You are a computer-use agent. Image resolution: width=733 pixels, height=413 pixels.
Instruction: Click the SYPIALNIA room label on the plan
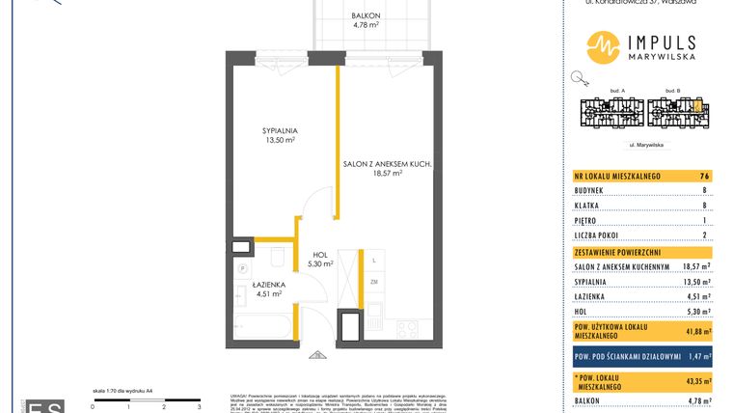(279, 130)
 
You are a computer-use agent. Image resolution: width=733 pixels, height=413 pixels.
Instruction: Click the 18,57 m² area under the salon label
(384, 174)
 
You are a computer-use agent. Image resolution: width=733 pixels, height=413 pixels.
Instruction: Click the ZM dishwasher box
(372, 282)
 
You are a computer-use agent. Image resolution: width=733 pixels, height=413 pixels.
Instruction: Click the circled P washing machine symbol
(243, 268)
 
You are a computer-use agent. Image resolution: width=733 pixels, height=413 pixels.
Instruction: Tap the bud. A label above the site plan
(617, 90)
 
